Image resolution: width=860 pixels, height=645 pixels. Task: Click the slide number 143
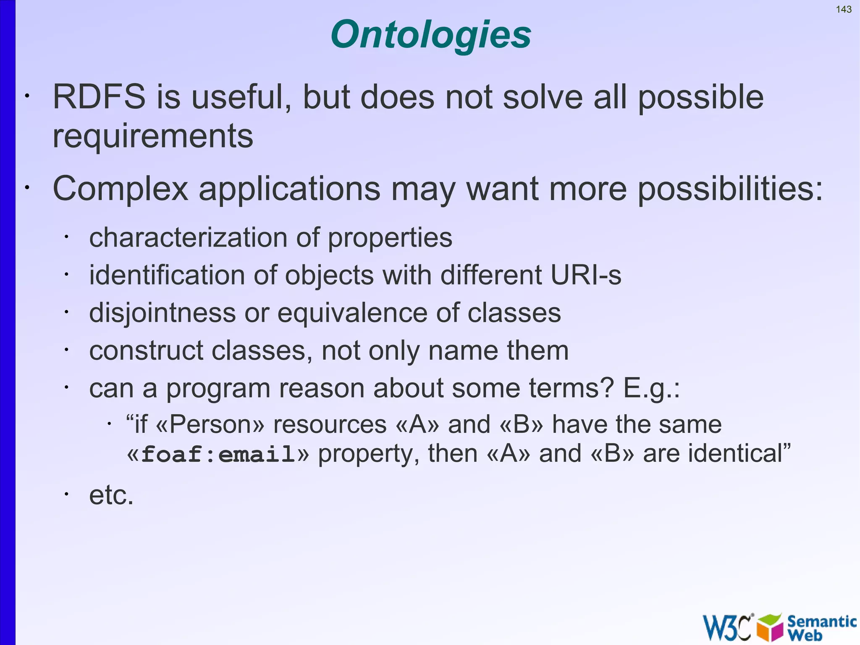(x=844, y=9)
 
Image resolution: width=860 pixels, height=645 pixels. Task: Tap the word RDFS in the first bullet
(x=99, y=97)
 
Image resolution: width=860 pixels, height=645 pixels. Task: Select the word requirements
(x=153, y=137)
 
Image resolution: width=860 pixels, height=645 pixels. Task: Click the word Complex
(x=120, y=189)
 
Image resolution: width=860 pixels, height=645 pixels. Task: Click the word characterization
(x=188, y=238)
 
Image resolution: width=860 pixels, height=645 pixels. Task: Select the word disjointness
(x=163, y=313)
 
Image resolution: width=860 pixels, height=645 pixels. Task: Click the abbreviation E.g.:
(x=651, y=389)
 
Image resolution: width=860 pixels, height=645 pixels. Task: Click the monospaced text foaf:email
(x=218, y=455)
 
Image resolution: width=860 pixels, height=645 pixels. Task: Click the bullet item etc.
(x=111, y=495)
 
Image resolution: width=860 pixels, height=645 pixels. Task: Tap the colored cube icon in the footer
(x=770, y=627)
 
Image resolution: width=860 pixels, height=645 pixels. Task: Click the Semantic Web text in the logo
(x=821, y=627)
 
